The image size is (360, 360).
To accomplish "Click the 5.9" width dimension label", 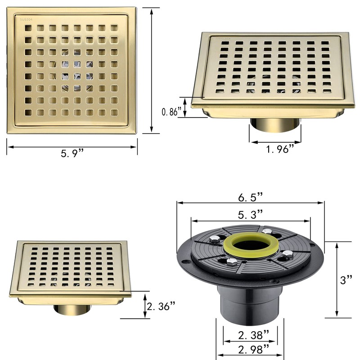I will pyautogui.click(x=72, y=154).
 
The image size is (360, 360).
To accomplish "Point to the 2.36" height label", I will pyautogui.click(x=161, y=306).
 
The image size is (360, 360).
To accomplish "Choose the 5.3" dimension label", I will pyautogui.click(x=251, y=215).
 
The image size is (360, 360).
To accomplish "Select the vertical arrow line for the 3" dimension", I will pyautogui.click(x=337, y=279).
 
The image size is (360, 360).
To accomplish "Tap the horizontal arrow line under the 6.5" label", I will pyautogui.click(x=251, y=204).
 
